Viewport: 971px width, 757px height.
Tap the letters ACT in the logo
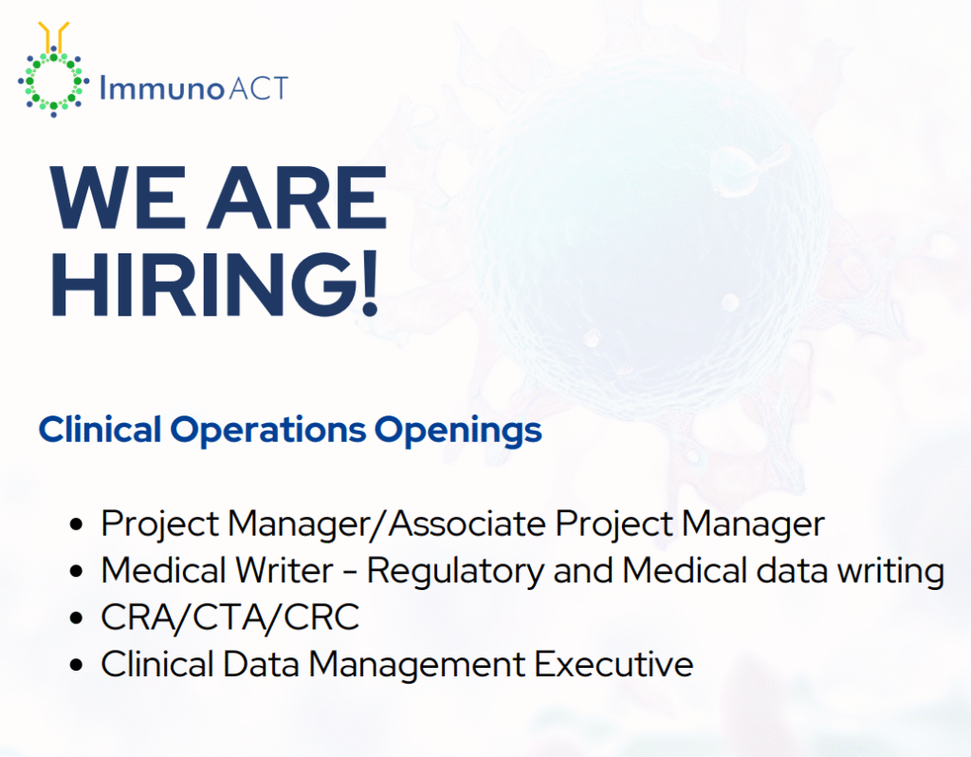click(258, 89)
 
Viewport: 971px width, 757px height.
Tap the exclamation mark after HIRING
click(367, 282)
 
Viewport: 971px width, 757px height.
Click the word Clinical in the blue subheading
click(100, 430)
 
